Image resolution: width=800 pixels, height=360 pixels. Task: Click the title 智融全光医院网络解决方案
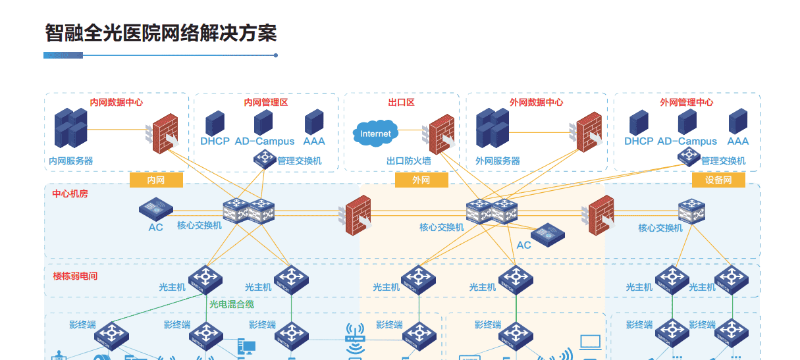[161, 33]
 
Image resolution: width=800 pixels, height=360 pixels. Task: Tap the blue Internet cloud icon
[375, 134]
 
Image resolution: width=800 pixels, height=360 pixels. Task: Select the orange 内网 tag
[156, 180]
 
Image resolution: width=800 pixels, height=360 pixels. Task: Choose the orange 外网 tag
[421, 180]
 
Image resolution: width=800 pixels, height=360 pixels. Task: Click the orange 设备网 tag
[718, 180]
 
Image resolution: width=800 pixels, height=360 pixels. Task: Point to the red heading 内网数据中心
[116, 103]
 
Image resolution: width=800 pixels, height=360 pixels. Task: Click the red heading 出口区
[401, 103]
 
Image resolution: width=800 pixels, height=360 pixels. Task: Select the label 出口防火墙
[408, 161]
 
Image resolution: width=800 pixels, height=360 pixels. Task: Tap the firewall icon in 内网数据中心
[165, 134]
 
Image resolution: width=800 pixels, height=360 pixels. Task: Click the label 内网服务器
[71, 161]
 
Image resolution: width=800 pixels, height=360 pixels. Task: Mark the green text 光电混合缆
[232, 304]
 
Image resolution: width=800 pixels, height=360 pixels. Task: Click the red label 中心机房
[70, 194]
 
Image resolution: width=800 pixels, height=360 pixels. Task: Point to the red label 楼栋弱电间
[75, 276]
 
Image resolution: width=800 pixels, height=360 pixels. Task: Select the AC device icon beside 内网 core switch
[156, 210]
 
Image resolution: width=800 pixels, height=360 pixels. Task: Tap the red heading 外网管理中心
[686, 103]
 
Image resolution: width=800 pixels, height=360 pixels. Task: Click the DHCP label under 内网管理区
[215, 141]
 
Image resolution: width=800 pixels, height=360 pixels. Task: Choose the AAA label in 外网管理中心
[737, 141]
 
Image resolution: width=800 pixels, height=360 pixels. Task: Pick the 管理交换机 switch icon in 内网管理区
[265, 159]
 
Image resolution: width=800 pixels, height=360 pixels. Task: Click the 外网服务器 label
[498, 161]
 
